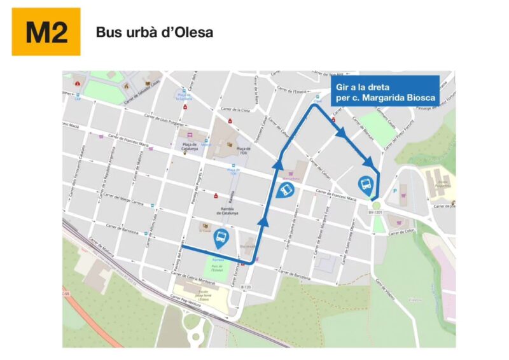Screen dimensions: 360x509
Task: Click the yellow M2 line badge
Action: [x=46, y=32]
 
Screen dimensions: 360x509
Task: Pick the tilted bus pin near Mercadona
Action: [x=287, y=190]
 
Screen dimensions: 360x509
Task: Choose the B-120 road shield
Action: [x=246, y=287]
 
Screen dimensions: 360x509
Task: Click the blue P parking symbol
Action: [x=395, y=189]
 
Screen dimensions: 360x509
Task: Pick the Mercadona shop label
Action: [x=295, y=179]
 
